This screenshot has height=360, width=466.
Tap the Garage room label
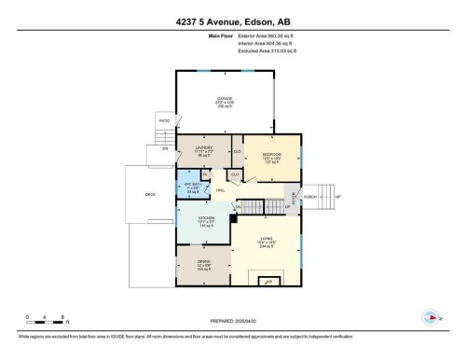[224, 100]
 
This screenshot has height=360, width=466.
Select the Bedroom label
[271, 155]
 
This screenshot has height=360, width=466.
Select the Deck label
[150, 195]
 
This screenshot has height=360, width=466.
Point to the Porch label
[310, 197]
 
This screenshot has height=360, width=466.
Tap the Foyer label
[293, 197]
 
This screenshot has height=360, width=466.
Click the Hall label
[221, 191]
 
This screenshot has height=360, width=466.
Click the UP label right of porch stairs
[338, 197]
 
